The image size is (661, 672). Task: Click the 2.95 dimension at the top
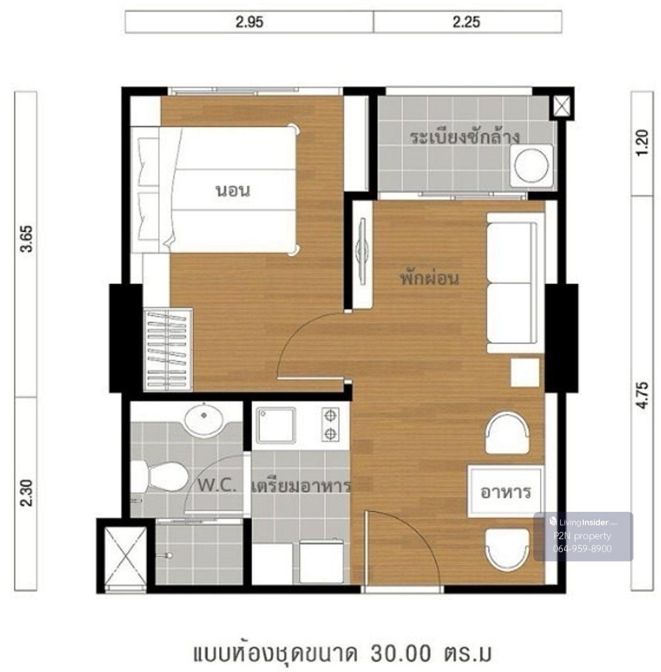point(250,23)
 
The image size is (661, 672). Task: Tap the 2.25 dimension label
point(466,23)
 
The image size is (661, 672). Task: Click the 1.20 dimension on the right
point(642,143)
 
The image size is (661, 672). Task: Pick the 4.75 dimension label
point(642,395)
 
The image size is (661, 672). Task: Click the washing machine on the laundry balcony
point(532,166)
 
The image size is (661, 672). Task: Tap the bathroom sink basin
point(204,420)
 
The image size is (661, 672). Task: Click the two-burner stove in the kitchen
point(330,424)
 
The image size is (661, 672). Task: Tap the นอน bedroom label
point(232,191)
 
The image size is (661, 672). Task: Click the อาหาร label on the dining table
point(505,493)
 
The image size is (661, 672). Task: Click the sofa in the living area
point(515,282)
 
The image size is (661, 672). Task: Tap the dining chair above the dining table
point(507,433)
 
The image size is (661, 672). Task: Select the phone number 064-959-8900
point(582,549)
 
